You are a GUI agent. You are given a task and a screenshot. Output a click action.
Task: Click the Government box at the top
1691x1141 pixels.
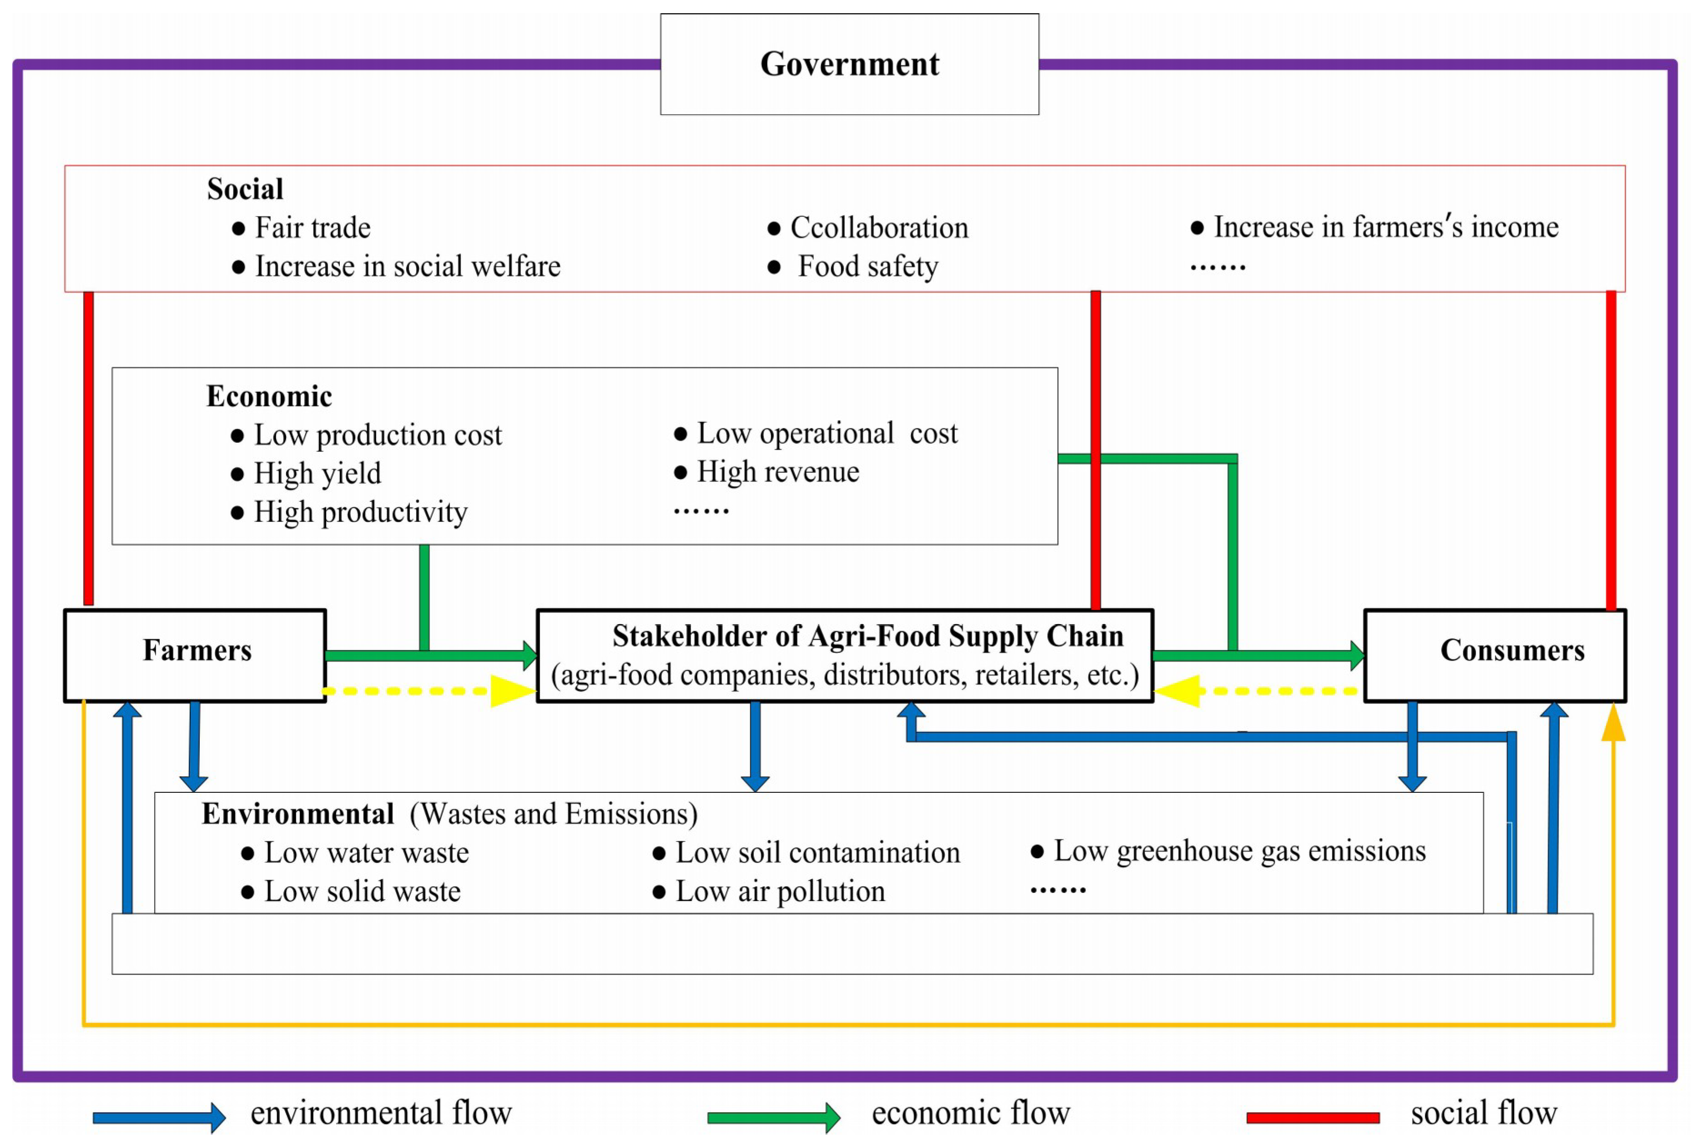849,64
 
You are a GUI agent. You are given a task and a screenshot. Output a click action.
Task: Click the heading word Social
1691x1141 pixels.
245,189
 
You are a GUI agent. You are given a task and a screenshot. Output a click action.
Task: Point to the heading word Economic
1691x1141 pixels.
269,396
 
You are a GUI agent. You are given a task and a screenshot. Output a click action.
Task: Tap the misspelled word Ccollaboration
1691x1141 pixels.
879,228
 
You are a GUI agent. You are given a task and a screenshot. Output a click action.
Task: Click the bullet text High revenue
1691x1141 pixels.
778,472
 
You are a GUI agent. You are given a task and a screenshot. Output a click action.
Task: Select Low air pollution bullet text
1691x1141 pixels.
780,891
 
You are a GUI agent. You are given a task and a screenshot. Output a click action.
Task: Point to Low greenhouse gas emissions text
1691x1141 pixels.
1239,851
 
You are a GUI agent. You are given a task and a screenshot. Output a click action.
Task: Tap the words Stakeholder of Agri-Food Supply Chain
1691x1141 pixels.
867,636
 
